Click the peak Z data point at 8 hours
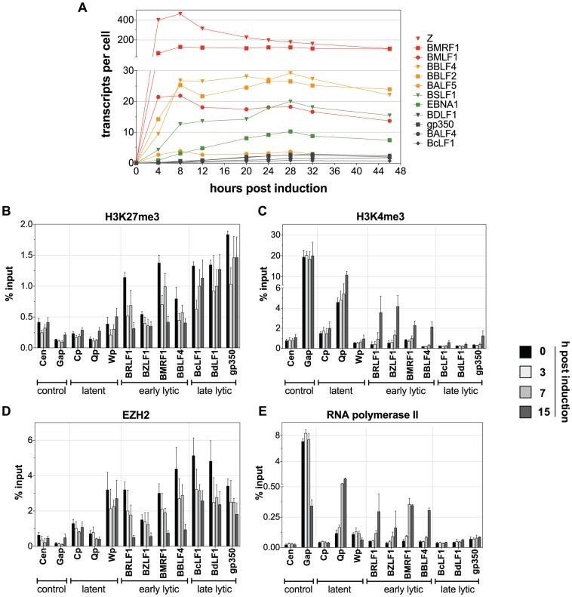(x=180, y=14)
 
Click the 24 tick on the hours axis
(x=268, y=171)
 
